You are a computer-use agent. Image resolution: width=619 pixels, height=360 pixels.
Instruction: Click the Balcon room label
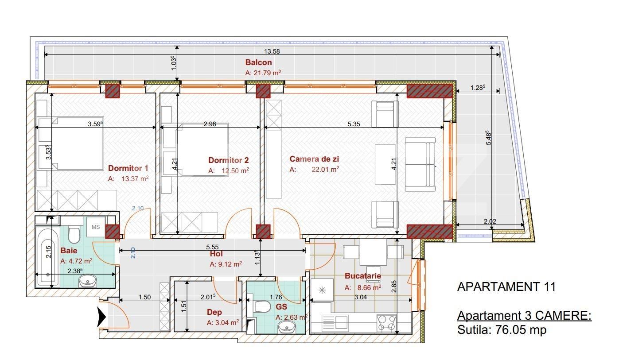258,63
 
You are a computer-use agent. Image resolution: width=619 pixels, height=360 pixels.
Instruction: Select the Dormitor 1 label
128,168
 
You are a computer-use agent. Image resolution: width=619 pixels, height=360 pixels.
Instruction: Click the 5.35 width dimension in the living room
353,124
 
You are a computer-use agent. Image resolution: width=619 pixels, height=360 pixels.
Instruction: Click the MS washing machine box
96,227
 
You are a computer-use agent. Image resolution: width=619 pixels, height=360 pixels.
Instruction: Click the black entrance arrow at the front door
102,317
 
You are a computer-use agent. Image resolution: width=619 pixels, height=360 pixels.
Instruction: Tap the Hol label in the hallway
216,254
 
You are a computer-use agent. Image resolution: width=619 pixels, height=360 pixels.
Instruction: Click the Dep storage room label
214,312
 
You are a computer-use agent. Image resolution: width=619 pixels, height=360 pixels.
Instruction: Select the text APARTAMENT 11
506,287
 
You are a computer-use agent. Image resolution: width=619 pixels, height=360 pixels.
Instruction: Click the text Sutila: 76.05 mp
502,330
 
